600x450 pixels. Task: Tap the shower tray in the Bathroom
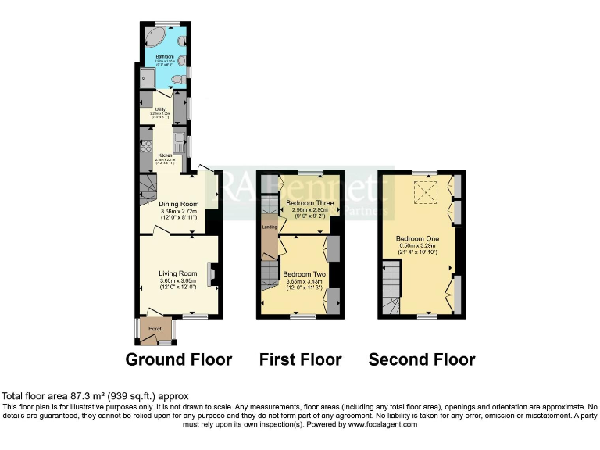(x=148, y=76)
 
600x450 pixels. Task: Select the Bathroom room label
(x=164, y=57)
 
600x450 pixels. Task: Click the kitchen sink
(x=179, y=142)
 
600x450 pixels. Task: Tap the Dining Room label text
(x=178, y=203)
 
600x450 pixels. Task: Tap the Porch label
(x=155, y=329)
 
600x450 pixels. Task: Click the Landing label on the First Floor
(x=269, y=227)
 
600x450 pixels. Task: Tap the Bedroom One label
(x=417, y=238)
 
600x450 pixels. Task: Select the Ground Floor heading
(x=179, y=359)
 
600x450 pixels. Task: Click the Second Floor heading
(x=422, y=359)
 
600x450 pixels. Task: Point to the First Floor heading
(x=301, y=359)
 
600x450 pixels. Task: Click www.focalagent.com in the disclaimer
(x=382, y=424)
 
